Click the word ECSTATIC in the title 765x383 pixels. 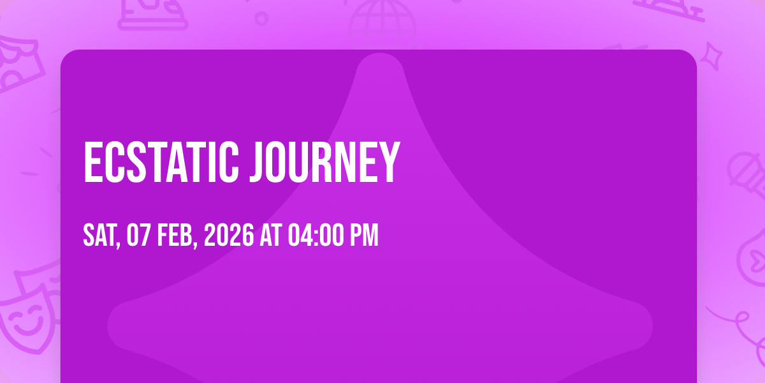161,162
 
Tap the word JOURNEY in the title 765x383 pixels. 324,162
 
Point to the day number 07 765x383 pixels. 138,235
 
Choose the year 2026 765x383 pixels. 229,235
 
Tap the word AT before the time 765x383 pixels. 270,235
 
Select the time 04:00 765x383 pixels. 316,235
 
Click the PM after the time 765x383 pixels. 365,235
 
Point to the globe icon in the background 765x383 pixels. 382,24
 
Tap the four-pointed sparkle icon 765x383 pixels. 711,56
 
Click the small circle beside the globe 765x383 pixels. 261,19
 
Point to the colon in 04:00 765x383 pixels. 316,236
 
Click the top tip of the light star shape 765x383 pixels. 380,54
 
